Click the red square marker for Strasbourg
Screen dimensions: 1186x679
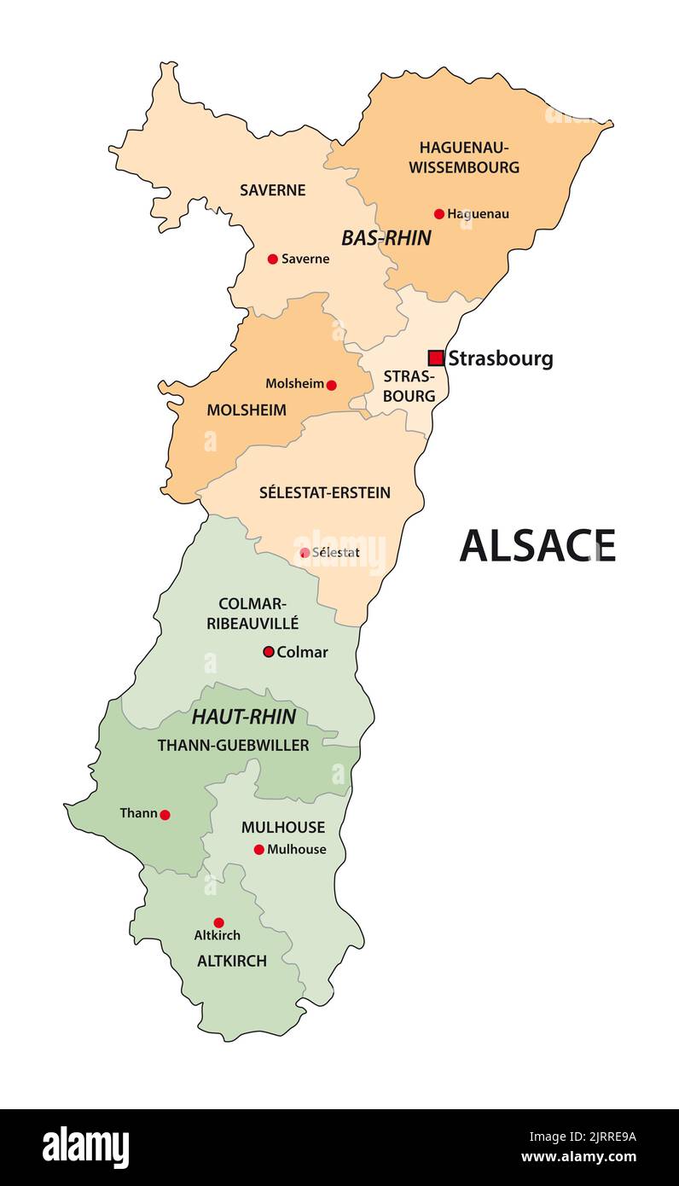pos(436,358)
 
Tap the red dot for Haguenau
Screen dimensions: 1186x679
pos(439,214)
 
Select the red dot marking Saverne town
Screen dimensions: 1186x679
pos(273,259)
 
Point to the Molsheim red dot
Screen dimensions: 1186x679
pos(332,385)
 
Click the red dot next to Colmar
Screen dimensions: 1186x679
pos(269,652)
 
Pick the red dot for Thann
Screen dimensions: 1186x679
pos(165,815)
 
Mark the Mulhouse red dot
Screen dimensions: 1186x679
pos(259,849)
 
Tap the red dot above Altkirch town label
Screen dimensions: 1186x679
pos(218,922)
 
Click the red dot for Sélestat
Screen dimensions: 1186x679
pos(305,553)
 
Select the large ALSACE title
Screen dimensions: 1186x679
pos(537,546)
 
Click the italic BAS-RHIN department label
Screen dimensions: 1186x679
pos(386,238)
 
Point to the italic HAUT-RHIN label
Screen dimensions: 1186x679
pos(244,717)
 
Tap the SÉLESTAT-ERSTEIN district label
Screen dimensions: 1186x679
pos(325,492)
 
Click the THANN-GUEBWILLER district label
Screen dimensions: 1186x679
pos(233,745)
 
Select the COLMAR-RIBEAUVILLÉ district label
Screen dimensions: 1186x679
pos(252,613)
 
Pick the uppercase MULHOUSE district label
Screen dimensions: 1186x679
pos(283,827)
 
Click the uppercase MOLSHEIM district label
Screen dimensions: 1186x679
pos(247,410)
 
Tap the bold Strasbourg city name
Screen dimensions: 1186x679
pos(501,358)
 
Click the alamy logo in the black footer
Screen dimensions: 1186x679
pos(86,1147)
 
